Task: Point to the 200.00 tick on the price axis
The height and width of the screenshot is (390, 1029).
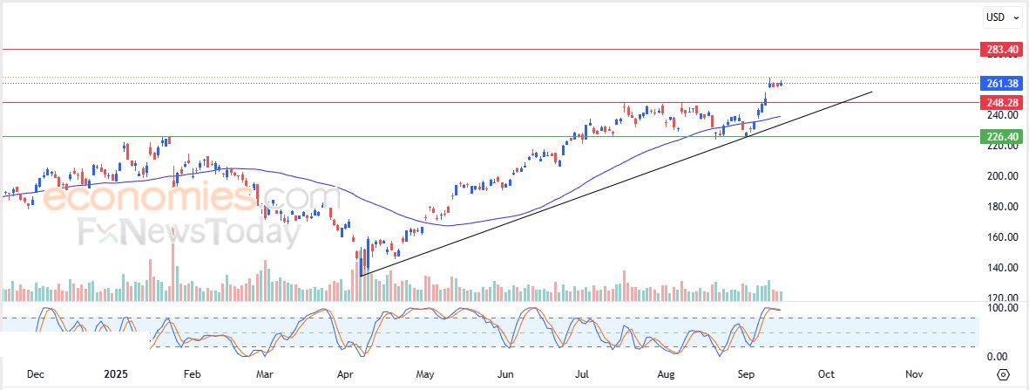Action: [999, 176]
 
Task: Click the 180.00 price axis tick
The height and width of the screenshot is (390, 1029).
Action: [999, 207]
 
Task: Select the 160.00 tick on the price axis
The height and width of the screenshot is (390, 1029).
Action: [999, 237]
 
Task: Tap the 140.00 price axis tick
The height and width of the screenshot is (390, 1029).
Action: [999, 268]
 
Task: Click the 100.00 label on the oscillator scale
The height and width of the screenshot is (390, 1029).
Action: [999, 308]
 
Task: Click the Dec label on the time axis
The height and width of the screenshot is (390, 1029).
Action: [36, 374]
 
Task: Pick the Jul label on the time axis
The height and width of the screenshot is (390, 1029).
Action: [583, 374]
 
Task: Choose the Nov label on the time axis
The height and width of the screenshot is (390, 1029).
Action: [914, 374]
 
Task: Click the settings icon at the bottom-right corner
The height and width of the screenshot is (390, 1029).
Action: [1003, 374]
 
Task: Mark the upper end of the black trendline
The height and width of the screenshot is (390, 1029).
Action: [871, 91]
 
